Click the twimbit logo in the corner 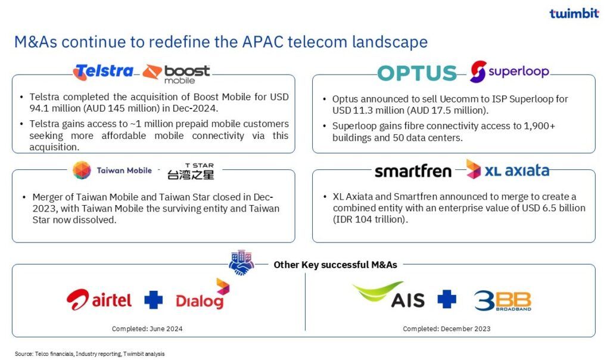click(x=574, y=13)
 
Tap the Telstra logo click(x=103, y=72)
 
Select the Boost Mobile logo click(x=176, y=74)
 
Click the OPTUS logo click(x=417, y=73)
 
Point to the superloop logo click(x=509, y=71)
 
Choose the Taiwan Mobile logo click(x=112, y=170)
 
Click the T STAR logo click(x=191, y=171)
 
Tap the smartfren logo click(x=413, y=171)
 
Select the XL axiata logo click(x=508, y=169)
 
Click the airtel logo click(x=99, y=300)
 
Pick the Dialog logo click(x=203, y=294)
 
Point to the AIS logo click(x=388, y=294)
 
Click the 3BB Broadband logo click(x=503, y=301)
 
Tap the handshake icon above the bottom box click(x=241, y=263)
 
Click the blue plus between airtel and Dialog click(x=154, y=300)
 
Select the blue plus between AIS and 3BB click(x=447, y=299)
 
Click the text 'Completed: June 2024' click(x=147, y=329)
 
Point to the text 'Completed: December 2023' click(x=447, y=329)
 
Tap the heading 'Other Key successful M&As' click(x=335, y=265)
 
